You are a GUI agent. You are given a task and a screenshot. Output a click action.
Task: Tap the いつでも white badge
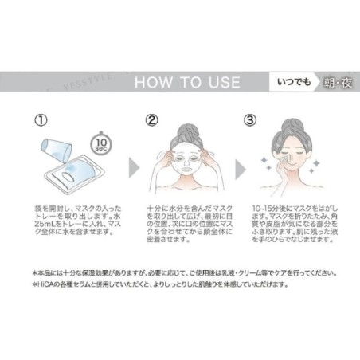click(x=270, y=82)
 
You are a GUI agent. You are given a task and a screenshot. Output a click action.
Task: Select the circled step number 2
click(x=151, y=122)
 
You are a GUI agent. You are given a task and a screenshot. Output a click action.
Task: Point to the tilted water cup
click(x=57, y=148)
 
